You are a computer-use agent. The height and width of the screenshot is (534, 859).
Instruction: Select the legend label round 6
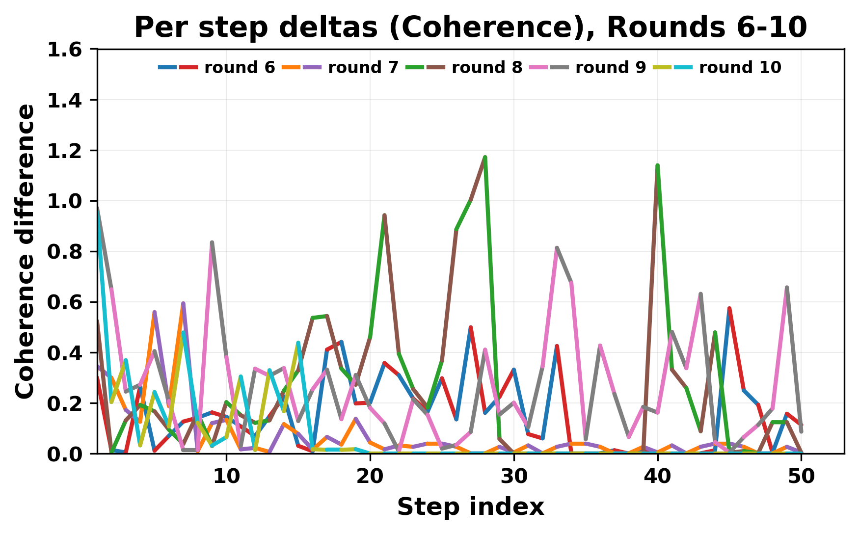pyautogui.click(x=240, y=68)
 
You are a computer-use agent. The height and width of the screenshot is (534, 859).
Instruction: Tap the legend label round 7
pyautogui.click(x=363, y=68)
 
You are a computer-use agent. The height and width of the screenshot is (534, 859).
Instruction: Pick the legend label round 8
pyautogui.click(x=487, y=68)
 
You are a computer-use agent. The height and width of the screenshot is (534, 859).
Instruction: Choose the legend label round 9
pyautogui.click(x=611, y=68)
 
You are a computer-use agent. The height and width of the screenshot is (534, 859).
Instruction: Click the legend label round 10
pyautogui.click(x=740, y=68)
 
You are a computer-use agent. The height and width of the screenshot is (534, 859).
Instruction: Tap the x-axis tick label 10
pyautogui.click(x=226, y=477)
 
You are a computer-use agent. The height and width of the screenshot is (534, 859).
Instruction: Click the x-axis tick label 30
pyautogui.click(x=513, y=477)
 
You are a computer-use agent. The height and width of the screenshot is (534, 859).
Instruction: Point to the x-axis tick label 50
pyautogui.click(x=801, y=477)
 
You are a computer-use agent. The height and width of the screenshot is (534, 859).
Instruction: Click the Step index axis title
pyautogui.click(x=470, y=507)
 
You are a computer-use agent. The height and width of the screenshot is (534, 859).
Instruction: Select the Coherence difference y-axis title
pyautogui.click(x=25, y=251)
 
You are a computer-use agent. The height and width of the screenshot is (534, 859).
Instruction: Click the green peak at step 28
pyautogui.click(x=485, y=158)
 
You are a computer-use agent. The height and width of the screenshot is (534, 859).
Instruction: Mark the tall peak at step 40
pyautogui.click(x=657, y=166)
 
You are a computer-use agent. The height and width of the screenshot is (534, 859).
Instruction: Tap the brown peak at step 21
pyautogui.click(x=384, y=215)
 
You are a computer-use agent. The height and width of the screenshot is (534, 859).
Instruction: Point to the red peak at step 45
pyautogui.click(x=729, y=308)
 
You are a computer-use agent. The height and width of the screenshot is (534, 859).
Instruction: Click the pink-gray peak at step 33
pyautogui.click(x=557, y=248)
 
